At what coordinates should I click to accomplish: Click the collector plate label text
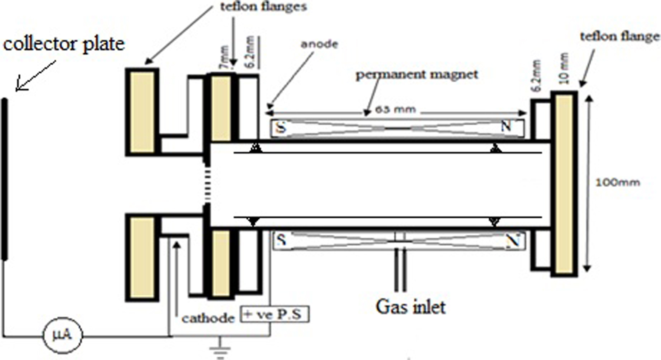(x=64, y=44)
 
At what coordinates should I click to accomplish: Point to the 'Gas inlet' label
(x=410, y=307)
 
